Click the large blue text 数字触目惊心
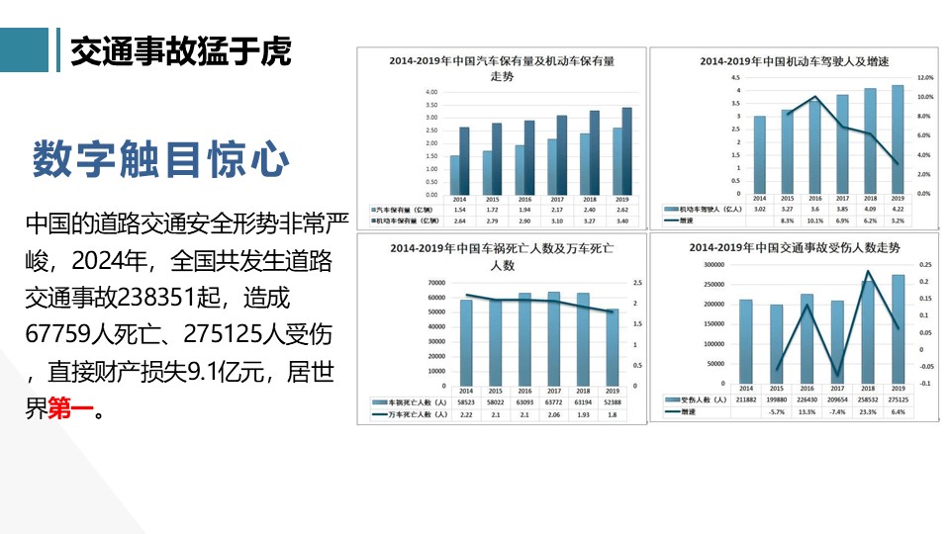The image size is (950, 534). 161,159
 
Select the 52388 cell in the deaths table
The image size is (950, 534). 613,403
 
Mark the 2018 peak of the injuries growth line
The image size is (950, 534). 868,271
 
